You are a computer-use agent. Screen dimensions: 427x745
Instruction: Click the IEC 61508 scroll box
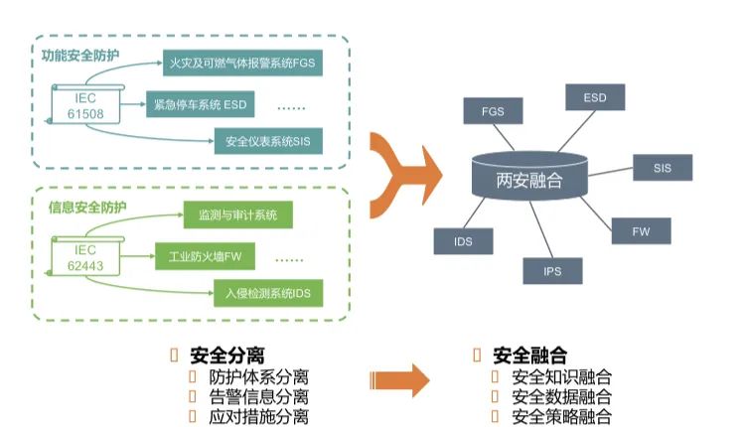click(x=86, y=104)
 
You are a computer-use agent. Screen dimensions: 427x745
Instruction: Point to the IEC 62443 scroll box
click(x=86, y=255)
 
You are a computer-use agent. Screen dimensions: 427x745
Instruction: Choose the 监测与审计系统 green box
click(x=238, y=215)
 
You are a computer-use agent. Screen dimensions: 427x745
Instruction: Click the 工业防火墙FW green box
click(x=206, y=255)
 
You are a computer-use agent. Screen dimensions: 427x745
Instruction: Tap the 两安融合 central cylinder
click(x=528, y=178)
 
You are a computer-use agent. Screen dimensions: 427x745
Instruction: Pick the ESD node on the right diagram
click(x=594, y=98)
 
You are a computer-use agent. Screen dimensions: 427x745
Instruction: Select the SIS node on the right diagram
click(x=663, y=168)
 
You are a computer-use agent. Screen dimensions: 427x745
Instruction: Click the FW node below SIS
click(x=641, y=231)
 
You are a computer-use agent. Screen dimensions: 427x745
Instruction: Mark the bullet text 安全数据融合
click(x=561, y=396)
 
